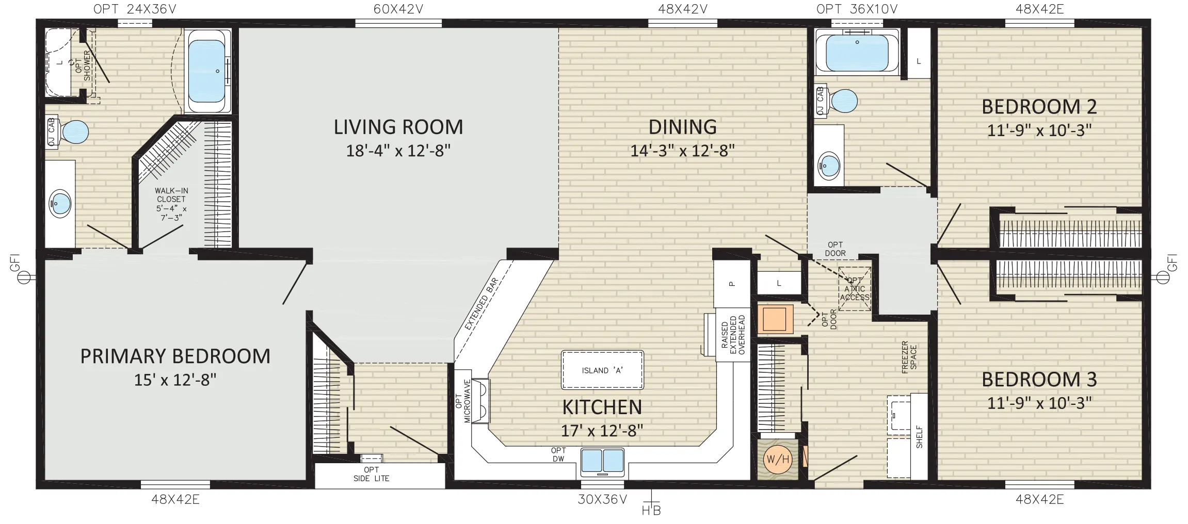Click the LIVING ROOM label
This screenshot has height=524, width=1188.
(x=398, y=127)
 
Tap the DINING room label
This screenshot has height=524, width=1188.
(x=682, y=127)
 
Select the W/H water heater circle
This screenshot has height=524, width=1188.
(x=778, y=459)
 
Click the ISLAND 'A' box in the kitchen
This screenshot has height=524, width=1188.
(x=602, y=370)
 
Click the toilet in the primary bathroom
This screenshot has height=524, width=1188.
(x=69, y=132)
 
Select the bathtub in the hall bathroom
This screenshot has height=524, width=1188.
(x=857, y=52)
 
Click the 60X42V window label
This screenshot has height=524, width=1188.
(x=398, y=9)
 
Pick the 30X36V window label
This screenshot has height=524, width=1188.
(x=602, y=499)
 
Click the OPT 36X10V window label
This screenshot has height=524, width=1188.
(x=857, y=9)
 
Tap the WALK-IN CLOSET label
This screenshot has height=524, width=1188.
(x=171, y=204)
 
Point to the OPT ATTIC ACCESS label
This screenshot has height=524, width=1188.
(x=855, y=289)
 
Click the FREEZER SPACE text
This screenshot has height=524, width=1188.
(x=909, y=357)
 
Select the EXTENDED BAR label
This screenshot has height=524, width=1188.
(x=481, y=304)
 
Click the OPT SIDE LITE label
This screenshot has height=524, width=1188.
(x=371, y=474)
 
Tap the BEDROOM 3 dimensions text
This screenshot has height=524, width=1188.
(x=1039, y=403)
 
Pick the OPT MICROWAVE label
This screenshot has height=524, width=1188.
(x=463, y=401)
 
